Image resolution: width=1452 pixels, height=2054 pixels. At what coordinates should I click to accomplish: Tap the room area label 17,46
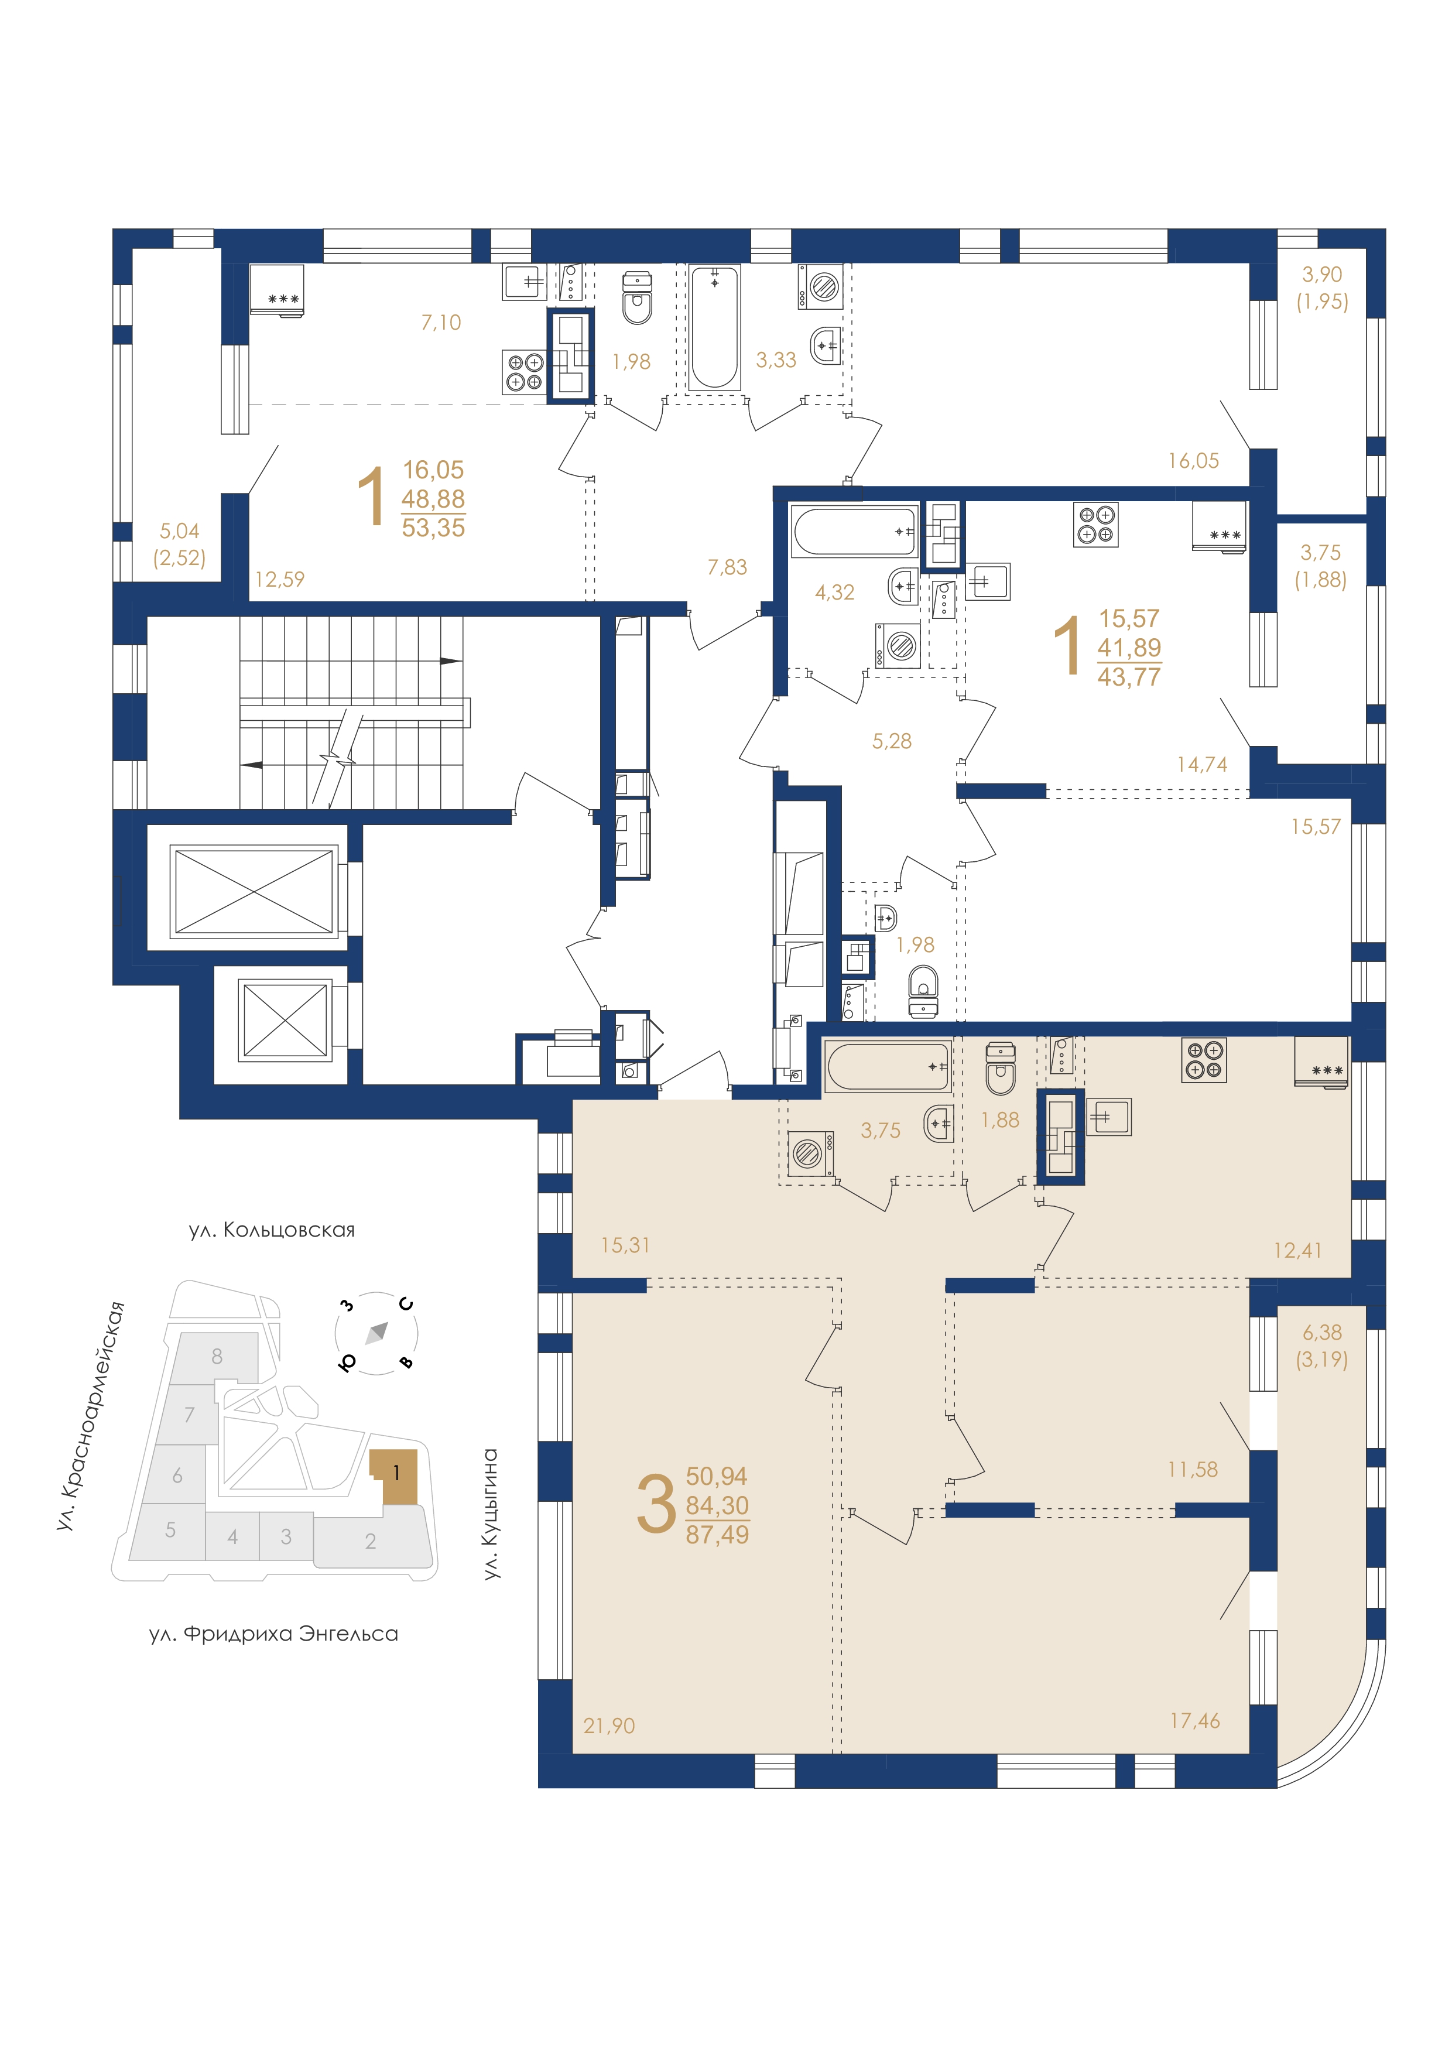[1194, 1720]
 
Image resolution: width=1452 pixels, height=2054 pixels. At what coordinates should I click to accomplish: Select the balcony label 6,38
[1321, 1332]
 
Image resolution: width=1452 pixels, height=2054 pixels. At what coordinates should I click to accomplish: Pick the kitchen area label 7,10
[441, 322]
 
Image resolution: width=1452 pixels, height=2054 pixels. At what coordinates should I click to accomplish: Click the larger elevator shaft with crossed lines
[254, 891]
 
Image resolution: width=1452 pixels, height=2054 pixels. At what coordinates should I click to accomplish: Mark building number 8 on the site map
[217, 1356]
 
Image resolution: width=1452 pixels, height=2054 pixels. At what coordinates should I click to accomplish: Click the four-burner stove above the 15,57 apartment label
[1096, 524]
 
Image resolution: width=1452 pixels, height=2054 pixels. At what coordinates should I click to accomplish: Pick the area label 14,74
[1201, 765]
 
